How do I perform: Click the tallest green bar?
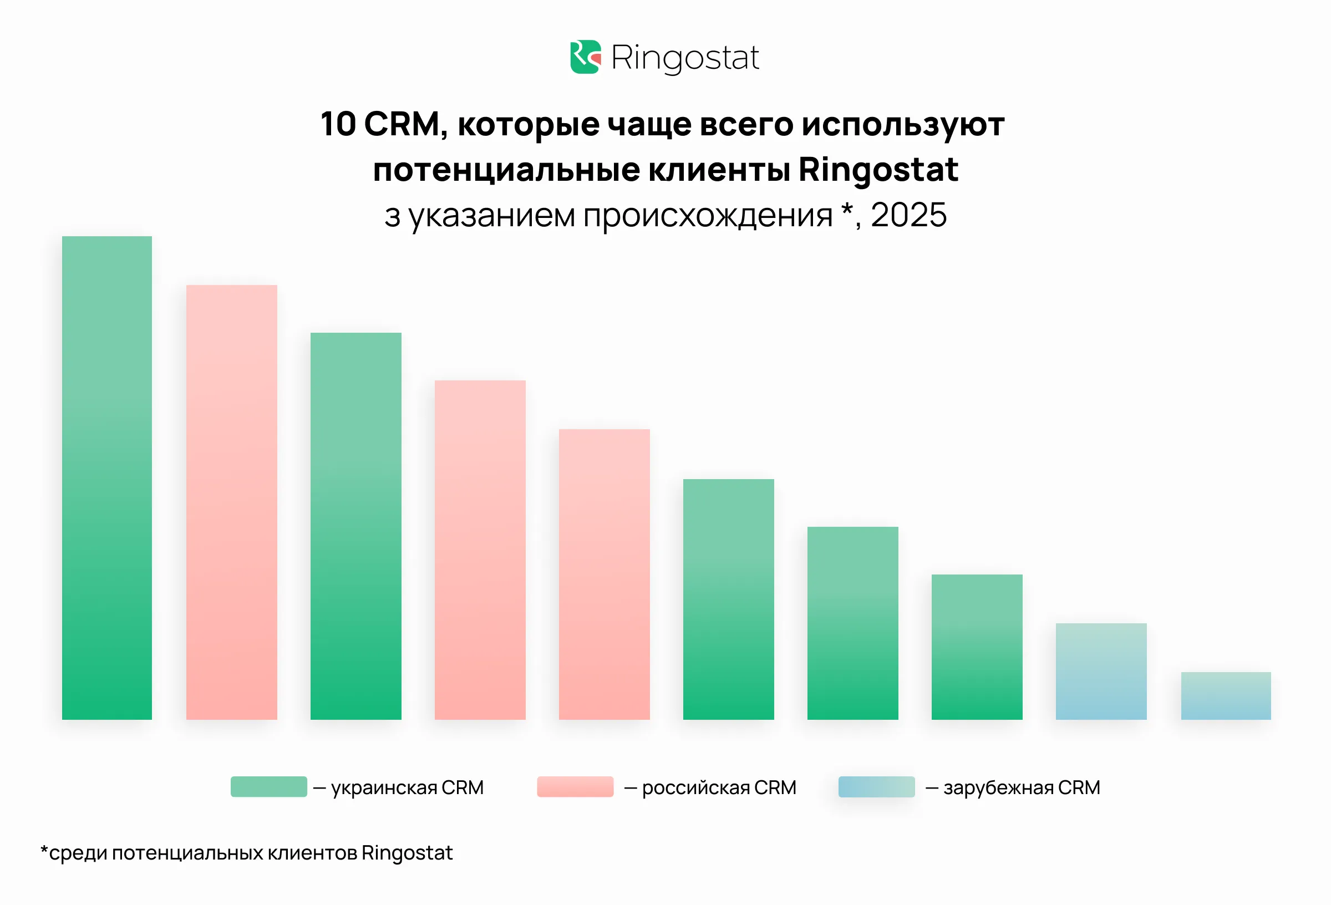pos(107,477)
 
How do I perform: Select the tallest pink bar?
pos(231,502)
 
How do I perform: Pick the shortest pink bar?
pos(604,574)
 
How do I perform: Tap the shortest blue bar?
pos(1226,695)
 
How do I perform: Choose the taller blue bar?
pos(1101,671)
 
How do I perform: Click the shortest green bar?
pos(977,647)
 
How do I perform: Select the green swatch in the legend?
pos(268,786)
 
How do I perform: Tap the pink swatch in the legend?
pos(575,786)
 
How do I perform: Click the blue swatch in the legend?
pos(876,786)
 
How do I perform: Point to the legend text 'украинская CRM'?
pos(407,787)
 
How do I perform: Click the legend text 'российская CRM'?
pos(719,787)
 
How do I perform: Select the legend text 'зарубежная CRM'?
pos(1022,787)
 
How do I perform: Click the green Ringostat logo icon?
pos(585,57)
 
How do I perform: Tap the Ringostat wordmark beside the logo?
pos(685,58)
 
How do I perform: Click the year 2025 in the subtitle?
pos(908,215)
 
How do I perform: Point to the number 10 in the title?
pos(338,124)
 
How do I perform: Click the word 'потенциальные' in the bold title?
pos(506,170)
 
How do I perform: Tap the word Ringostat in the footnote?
pos(407,853)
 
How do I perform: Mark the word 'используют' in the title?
pos(903,125)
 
